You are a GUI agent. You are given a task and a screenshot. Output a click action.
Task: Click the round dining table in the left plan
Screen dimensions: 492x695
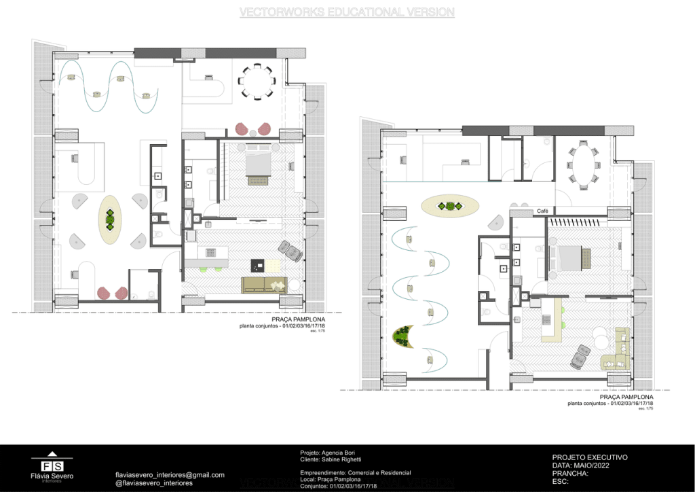257,81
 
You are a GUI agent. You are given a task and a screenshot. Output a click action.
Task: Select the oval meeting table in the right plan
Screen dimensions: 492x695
584,163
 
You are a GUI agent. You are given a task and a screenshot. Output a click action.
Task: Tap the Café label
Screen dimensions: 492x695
542,211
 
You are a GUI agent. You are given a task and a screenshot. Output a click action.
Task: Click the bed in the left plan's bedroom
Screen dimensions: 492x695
257,166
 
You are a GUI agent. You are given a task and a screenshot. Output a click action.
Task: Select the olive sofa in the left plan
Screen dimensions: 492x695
264,285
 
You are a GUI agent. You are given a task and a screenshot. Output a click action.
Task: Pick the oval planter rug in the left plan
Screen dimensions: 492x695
109,219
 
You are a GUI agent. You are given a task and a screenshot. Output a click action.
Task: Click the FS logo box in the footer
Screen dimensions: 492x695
52,466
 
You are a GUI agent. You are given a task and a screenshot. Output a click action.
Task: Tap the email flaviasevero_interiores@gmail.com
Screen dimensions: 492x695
170,475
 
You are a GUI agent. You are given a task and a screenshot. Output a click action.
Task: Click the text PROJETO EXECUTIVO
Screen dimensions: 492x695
590,457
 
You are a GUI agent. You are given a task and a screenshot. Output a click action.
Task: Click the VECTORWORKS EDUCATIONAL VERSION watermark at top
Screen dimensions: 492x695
347,12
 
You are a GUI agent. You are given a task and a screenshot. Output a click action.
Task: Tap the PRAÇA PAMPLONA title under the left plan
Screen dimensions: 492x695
298,319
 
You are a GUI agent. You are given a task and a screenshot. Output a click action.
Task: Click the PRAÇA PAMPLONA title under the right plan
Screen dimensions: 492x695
626,396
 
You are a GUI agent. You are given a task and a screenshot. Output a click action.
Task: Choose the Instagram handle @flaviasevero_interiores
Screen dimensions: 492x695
154,483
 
